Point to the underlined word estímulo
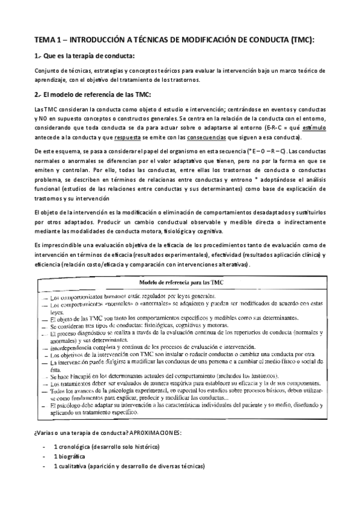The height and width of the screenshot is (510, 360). click(314, 128)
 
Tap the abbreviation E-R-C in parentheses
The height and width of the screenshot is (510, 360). click(275, 128)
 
